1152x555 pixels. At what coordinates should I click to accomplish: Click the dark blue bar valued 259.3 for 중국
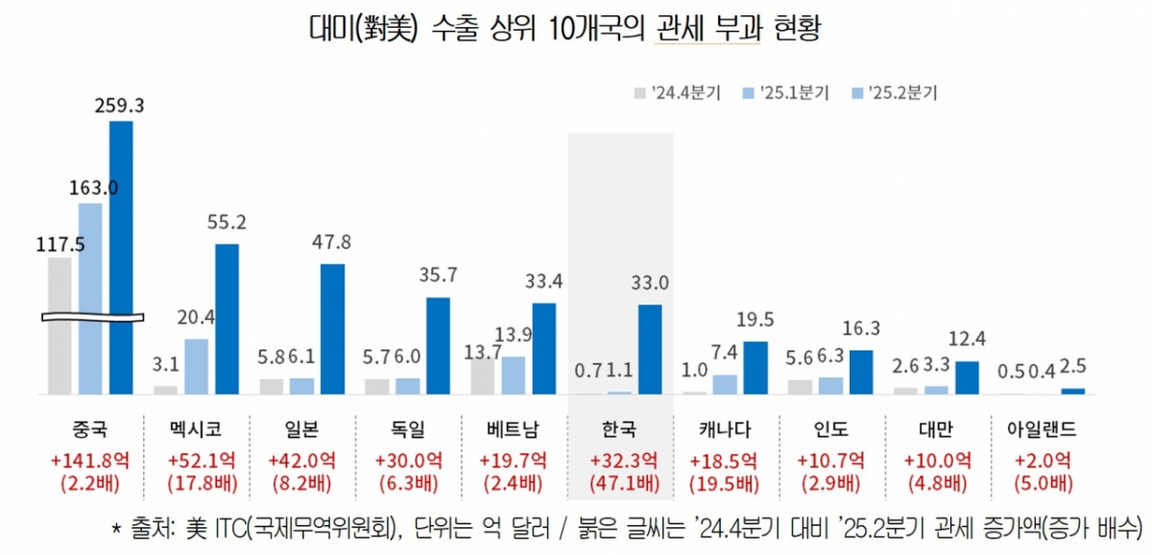(x=121, y=256)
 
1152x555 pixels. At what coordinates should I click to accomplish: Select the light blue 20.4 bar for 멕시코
(x=196, y=366)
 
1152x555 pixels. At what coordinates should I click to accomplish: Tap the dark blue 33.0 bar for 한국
(x=650, y=350)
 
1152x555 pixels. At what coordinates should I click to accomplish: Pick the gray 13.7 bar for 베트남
(x=483, y=374)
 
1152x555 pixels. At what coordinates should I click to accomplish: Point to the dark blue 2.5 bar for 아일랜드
(x=1072, y=391)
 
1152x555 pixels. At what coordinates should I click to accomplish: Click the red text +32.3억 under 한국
(x=620, y=460)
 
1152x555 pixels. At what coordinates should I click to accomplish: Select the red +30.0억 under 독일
(x=409, y=460)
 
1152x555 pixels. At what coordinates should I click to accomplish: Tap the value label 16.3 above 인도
(x=861, y=329)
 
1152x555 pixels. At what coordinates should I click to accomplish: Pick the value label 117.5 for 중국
(x=60, y=245)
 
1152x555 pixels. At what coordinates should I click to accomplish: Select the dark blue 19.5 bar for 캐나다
(x=756, y=368)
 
